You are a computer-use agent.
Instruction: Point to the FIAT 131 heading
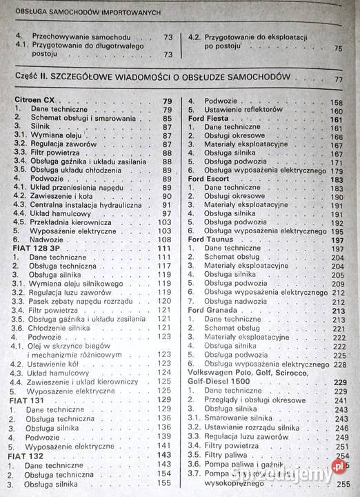click(29, 399)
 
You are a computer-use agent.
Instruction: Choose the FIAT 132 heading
click(29, 455)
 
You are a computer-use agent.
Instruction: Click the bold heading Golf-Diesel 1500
click(226, 382)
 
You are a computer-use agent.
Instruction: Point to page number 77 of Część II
click(337, 79)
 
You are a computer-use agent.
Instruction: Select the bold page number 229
click(339, 382)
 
